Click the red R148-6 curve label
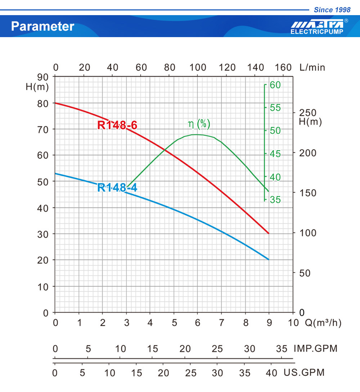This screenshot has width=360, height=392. [117, 125]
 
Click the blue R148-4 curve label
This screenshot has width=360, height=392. [117, 187]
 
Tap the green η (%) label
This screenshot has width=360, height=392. [199, 124]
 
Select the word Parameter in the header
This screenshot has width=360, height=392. [43, 26]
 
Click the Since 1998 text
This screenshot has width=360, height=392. [332, 10]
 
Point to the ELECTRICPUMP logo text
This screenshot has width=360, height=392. [317, 32]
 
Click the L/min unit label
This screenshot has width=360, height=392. [312, 67]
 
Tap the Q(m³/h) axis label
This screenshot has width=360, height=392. [323, 323]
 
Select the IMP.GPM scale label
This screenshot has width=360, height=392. [315, 348]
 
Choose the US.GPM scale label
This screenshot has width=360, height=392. [304, 373]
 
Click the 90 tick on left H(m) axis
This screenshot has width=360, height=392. [43, 77]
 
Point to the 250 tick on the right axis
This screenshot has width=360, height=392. [308, 113]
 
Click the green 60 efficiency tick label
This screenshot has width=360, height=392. [275, 85]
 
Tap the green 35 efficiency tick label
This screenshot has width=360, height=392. [275, 200]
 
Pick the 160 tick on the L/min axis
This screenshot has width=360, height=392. [283, 67]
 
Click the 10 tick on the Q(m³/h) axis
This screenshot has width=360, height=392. [293, 323]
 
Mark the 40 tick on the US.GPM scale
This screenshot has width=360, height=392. [271, 373]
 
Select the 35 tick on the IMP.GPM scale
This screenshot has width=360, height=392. [282, 349]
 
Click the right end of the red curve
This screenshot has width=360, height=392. [269, 233]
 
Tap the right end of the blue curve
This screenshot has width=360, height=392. [269, 259]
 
